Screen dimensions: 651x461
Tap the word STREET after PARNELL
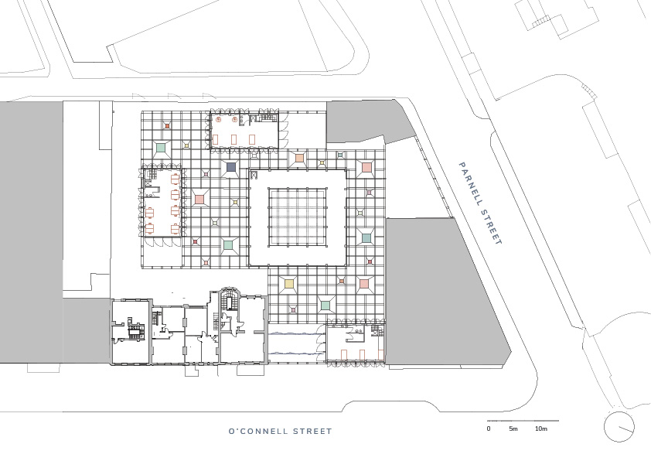(x=491, y=226)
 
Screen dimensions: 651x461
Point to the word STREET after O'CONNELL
(x=312, y=432)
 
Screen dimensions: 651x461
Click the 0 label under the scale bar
(x=489, y=429)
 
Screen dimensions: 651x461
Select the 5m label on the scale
(x=513, y=429)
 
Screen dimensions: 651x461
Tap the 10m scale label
(x=541, y=429)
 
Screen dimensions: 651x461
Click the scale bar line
(x=523, y=421)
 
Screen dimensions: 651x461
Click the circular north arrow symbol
(x=619, y=427)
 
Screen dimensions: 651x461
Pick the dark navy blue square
(x=231, y=168)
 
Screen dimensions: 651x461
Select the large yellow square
(x=289, y=284)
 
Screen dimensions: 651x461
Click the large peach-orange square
(x=299, y=159)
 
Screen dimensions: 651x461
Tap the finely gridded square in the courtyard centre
(x=298, y=217)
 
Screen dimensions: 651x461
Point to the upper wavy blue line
(x=295, y=333)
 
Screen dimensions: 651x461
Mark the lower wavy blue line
(x=295, y=353)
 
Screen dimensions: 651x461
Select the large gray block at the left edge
(x=31, y=233)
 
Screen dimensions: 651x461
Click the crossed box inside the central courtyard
(x=254, y=175)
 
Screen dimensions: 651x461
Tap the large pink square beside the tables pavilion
(x=199, y=200)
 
